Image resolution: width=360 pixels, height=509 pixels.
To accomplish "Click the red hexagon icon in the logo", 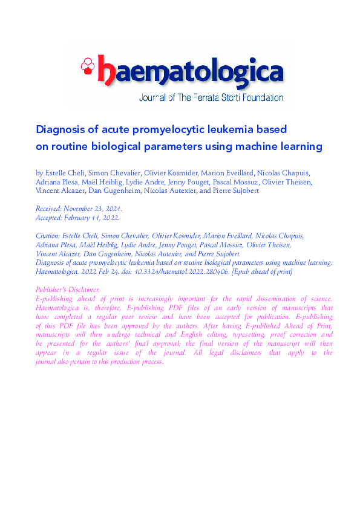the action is point(88,64).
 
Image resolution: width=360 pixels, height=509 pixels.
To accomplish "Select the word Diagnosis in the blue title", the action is point(59,129).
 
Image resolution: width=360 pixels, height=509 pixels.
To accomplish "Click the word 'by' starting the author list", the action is point(41,173).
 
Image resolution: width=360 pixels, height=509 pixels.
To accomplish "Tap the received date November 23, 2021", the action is point(96,208).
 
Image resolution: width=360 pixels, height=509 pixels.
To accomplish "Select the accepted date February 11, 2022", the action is point(93,218).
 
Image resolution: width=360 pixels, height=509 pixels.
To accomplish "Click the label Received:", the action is point(51,208).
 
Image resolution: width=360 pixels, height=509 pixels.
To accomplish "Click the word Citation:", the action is point(51,236).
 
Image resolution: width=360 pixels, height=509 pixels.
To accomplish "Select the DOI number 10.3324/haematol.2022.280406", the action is point(182,272).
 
